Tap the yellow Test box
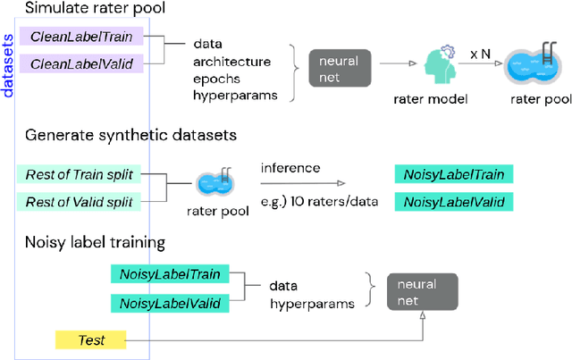coord(91,339)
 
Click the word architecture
coord(231,63)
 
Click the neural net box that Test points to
coord(422,293)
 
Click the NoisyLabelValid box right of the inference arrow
coord(453,202)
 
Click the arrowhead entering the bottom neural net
coord(422,320)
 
